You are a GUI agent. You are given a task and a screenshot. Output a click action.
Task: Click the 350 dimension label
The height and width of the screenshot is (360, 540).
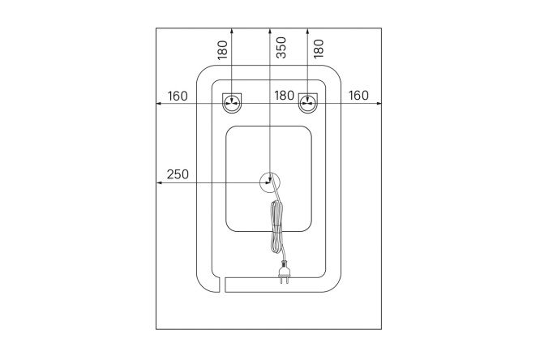pyautogui.click(x=281, y=50)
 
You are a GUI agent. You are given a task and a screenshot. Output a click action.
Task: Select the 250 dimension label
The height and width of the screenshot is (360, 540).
pyautogui.click(x=178, y=174)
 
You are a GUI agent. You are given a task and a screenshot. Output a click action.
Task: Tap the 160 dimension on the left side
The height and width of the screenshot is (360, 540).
pyautogui.click(x=178, y=96)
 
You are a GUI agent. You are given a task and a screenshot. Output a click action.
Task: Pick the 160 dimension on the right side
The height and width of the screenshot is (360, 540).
pyautogui.click(x=358, y=96)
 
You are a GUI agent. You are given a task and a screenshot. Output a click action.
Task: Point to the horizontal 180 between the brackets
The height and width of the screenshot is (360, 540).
pyautogui.click(x=284, y=96)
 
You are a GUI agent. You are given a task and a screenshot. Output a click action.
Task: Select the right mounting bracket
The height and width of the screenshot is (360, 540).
pyautogui.click(x=308, y=102)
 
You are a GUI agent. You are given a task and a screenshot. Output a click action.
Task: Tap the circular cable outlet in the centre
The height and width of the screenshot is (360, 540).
pyautogui.click(x=270, y=182)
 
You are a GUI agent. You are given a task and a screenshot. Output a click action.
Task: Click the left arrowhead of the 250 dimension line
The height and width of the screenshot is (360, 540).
pyautogui.click(x=160, y=182)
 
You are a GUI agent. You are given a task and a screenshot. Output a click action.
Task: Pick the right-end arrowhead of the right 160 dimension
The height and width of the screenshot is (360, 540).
pyautogui.click(x=380, y=103)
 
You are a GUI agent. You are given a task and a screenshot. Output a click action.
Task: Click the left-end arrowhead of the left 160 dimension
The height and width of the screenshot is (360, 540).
pyautogui.click(x=160, y=103)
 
